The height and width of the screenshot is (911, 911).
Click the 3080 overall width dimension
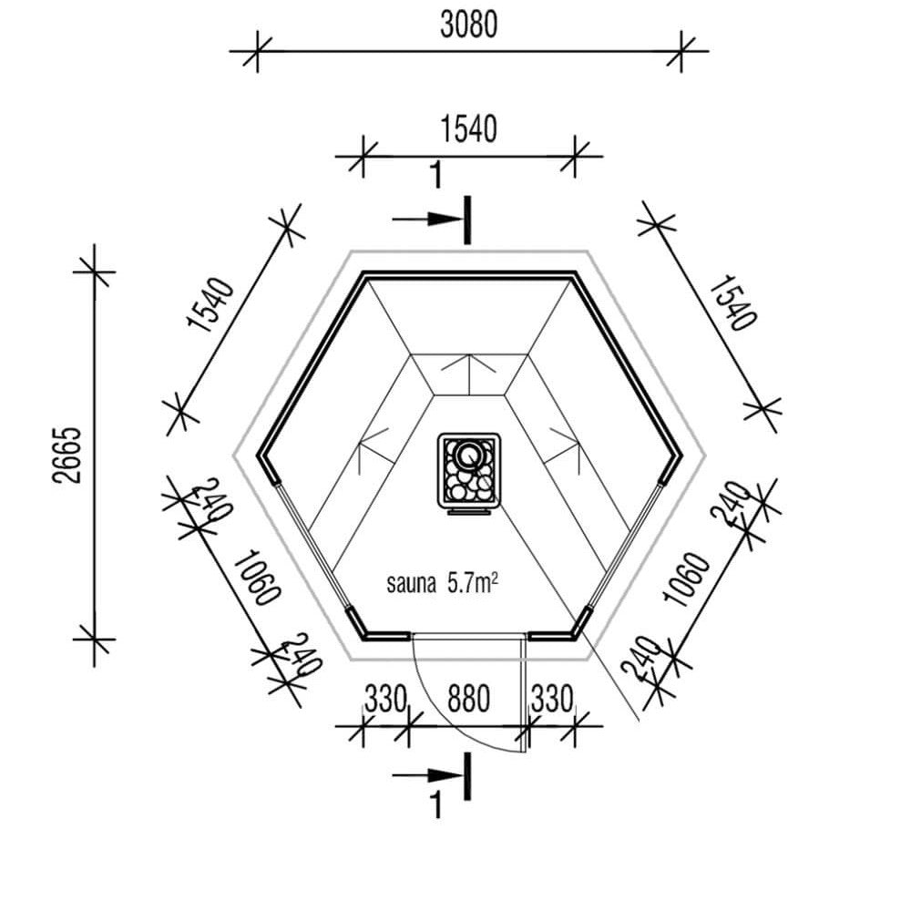[x=469, y=26]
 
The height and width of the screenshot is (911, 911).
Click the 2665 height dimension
[x=67, y=455]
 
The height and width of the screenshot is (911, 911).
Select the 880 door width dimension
[x=468, y=699]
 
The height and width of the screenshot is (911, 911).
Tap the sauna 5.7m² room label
[x=442, y=583]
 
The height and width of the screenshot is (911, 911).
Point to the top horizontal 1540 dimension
[x=469, y=129]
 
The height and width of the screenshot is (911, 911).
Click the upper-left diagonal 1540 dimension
[x=211, y=305]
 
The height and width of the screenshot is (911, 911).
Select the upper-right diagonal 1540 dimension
[x=733, y=303]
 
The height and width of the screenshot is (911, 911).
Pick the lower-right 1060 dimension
[x=686, y=579]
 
